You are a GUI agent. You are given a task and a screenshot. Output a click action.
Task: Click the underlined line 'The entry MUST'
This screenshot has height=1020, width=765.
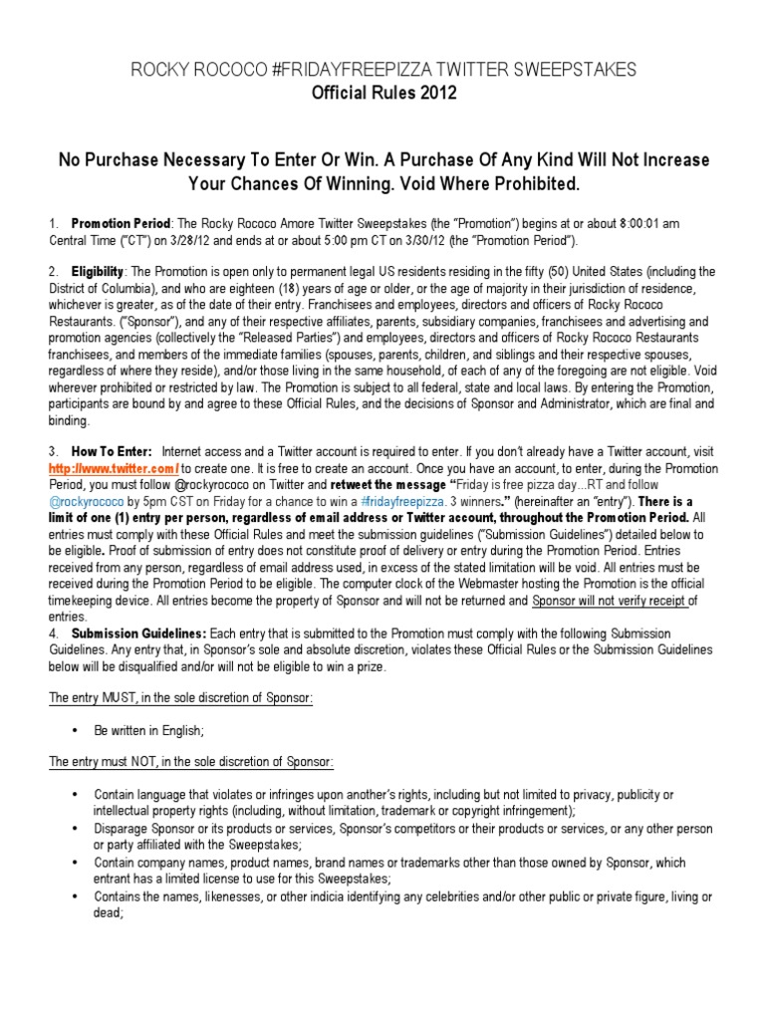182,698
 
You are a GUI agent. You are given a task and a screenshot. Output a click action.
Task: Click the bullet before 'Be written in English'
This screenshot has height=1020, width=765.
76,730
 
